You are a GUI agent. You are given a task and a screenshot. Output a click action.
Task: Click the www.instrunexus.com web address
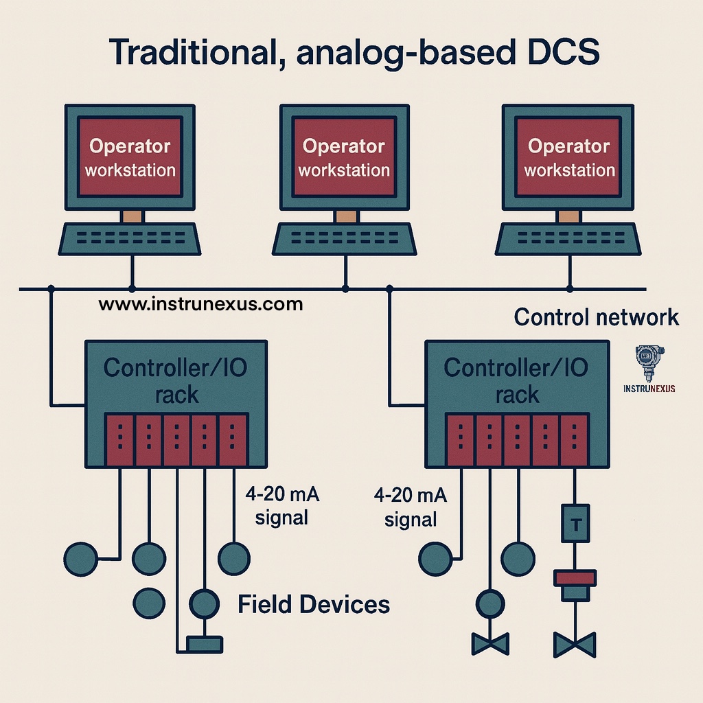coord(200,303)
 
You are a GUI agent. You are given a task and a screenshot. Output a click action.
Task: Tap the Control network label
coord(596,317)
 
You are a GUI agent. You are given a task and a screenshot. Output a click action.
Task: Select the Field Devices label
coord(314,605)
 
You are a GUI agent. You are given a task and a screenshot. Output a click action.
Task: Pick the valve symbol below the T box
coord(575,645)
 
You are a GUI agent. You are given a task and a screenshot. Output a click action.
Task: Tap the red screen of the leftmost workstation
coord(130,158)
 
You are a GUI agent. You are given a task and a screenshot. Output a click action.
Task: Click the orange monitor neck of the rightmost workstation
coord(568,216)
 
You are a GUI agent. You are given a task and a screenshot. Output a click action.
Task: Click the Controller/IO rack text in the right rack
coord(516,380)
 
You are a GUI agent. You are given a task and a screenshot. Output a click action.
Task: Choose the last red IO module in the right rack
coord(574,440)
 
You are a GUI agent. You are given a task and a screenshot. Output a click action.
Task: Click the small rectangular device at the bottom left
coord(204,645)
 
